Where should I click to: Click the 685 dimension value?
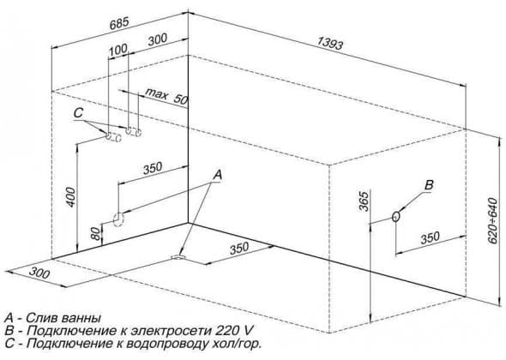click(x=119, y=23)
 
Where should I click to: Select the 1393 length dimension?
click(x=330, y=43)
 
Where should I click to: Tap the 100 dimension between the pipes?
click(x=118, y=50)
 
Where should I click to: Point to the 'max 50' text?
click(x=166, y=96)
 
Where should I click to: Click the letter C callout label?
click(x=78, y=113)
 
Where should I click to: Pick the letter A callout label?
click(x=217, y=175)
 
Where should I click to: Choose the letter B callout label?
click(x=429, y=185)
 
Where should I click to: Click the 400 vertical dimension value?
click(x=70, y=197)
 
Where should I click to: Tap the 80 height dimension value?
click(x=95, y=234)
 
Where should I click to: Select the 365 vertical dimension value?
click(x=364, y=201)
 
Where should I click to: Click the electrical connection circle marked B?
click(x=396, y=217)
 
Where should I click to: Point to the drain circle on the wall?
click(x=118, y=219)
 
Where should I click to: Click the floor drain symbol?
click(x=178, y=257)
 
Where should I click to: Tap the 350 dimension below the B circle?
click(x=431, y=237)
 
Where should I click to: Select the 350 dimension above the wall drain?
click(x=153, y=168)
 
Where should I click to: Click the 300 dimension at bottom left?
click(x=39, y=273)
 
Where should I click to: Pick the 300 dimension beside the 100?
click(x=158, y=39)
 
